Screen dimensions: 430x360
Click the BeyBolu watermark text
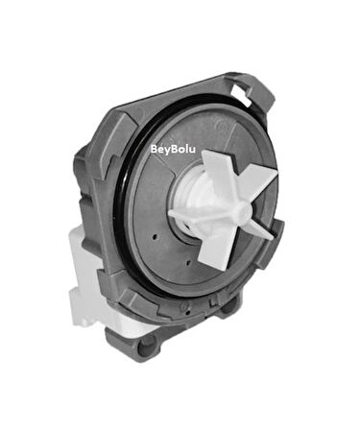click(174, 149)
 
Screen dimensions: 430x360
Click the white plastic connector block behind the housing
click(91, 278)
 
